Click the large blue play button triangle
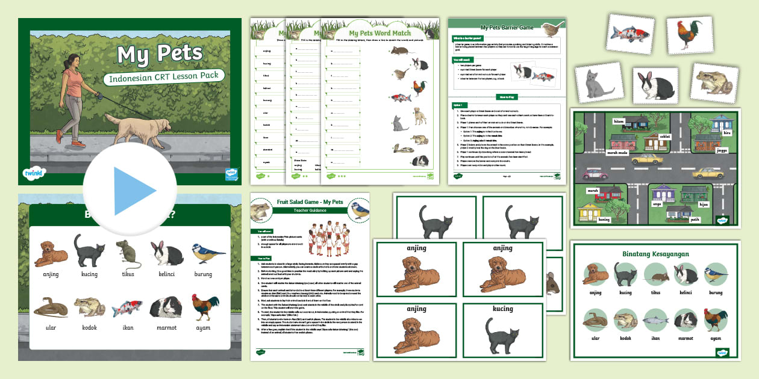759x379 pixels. tap(134, 191)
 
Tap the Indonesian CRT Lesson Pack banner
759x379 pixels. tap(164, 77)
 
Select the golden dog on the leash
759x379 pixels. tap(138, 129)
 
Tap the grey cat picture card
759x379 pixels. tap(599, 83)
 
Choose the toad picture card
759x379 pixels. tap(714, 82)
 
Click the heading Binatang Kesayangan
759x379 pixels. tap(656, 254)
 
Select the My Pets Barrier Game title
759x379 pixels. tap(507, 28)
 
